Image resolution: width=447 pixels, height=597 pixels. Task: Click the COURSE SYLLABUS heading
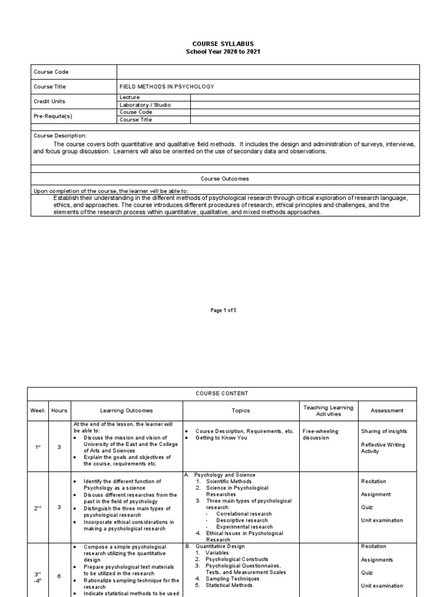[x=223, y=44]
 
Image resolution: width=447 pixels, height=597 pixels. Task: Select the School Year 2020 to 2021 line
[x=223, y=51]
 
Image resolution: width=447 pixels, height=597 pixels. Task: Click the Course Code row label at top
[x=52, y=72]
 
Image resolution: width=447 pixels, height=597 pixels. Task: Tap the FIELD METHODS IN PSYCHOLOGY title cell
[x=166, y=86]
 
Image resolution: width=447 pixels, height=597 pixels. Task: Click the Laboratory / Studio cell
[x=145, y=105]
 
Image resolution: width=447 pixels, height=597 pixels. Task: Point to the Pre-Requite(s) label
[x=53, y=116]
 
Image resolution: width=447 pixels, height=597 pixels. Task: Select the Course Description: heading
[x=60, y=135]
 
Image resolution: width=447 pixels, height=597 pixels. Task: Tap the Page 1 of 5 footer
[x=223, y=310]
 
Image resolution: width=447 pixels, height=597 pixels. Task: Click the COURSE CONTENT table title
[x=223, y=394]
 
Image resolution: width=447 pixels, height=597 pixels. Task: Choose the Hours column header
[x=59, y=410]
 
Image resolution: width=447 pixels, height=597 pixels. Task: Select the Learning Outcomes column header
[x=126, y=410]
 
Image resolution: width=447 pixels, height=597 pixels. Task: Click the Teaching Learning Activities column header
[x=329, y=410]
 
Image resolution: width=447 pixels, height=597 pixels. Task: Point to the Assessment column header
[x=387, y=410]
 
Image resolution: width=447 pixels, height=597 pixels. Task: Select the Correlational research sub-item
[x=244, y=514]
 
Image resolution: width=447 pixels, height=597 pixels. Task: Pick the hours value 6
[x=59, y=575]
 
